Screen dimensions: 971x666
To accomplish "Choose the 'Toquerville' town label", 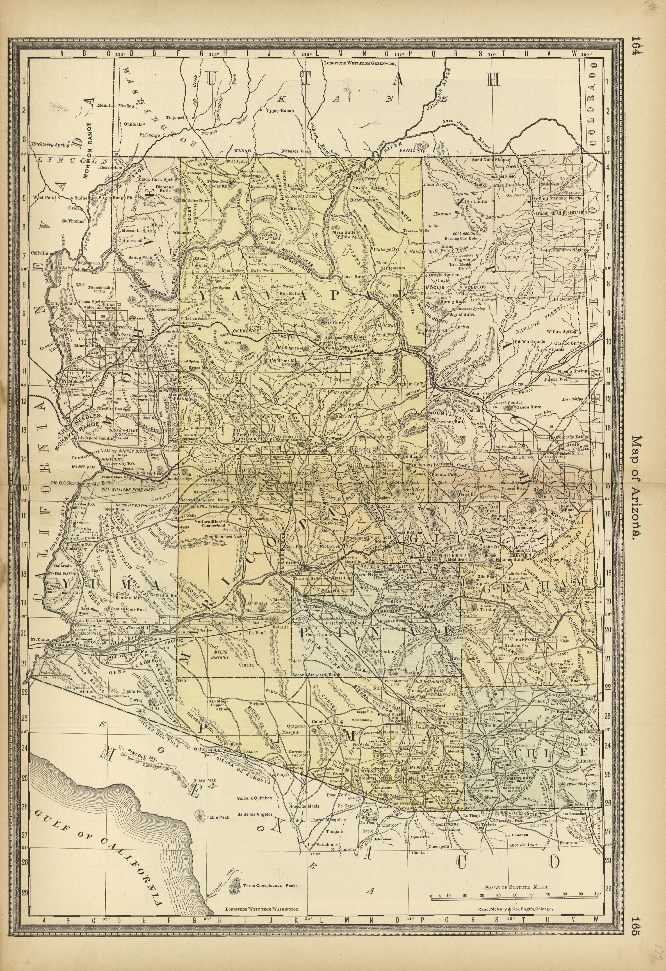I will (178, 117).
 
